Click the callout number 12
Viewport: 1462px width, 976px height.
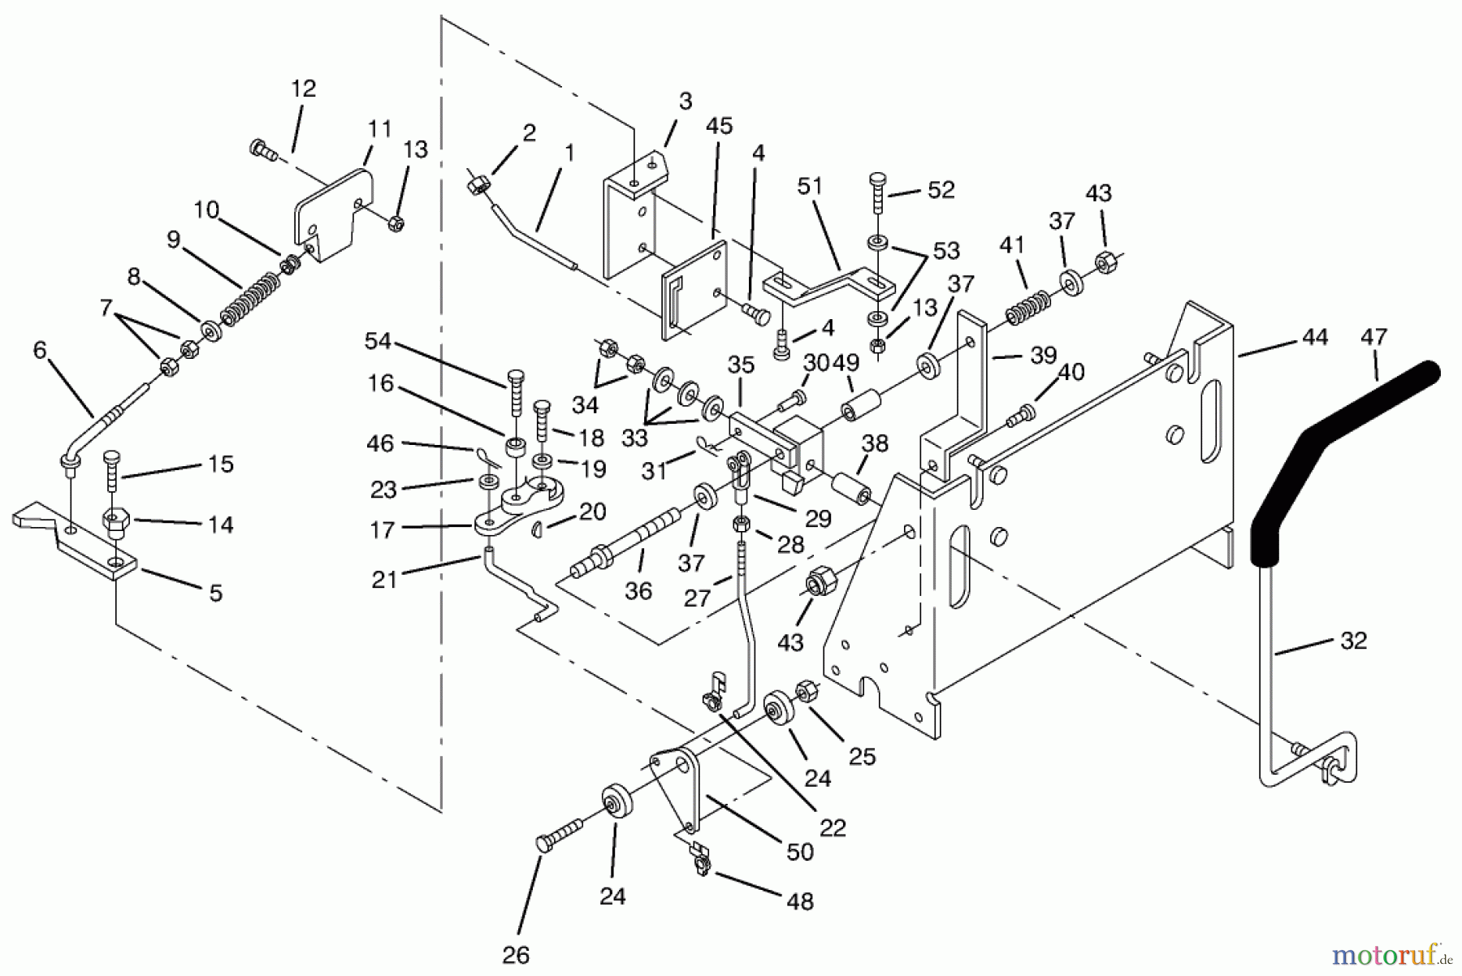(303, 89)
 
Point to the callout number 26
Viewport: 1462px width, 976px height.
(516, 956)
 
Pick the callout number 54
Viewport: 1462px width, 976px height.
(378, 342)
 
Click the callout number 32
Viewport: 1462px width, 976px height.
(1353, 641)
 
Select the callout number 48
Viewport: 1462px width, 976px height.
(800, 901)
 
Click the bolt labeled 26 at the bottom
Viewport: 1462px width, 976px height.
(562, 834)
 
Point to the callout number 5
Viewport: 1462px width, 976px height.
(215, 594)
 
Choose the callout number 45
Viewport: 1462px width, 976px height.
(719, 126)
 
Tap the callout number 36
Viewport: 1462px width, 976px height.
(638, 591)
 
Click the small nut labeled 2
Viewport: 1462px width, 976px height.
(477, 188)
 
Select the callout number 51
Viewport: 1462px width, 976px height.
(810, 186)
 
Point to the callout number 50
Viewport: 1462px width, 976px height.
(800, 852)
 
